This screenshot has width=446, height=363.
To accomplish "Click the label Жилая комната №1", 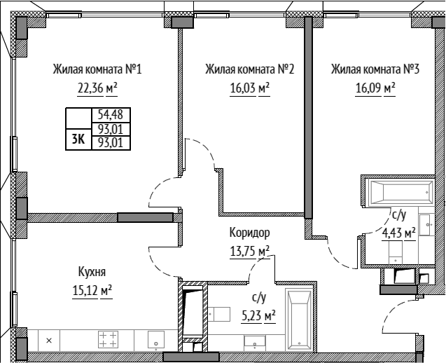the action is tap(97, 69).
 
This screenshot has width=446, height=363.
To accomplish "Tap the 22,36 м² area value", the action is tap(97, 88).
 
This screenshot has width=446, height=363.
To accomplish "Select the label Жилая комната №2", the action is tap(250, 69).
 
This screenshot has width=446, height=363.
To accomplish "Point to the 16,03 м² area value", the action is tap(250, 88).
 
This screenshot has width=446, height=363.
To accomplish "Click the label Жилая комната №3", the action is tap(375, 69).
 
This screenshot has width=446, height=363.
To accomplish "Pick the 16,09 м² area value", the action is tap(375, 88).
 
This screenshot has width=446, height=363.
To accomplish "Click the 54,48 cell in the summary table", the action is tap(111, 115).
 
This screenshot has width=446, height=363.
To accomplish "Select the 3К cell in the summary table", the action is tap(78, 139).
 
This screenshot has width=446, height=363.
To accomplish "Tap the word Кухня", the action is tap(92, 272).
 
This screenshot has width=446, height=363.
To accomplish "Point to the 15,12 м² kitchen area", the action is tap(92, 291).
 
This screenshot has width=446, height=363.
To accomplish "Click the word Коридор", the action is tap(250, 233).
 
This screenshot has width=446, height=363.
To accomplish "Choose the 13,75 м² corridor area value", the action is tap(250, 252).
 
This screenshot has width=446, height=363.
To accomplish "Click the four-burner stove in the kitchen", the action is tap(108, 339).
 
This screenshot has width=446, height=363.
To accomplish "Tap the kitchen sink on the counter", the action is tap(156, 340).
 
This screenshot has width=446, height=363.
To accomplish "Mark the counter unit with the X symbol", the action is tap(49, 340).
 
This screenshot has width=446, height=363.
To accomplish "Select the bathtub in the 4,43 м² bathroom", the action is tap(400, 192).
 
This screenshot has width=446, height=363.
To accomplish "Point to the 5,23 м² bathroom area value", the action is tap(258, 315).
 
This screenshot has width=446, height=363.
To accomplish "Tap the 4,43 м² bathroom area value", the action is tap(398, 233).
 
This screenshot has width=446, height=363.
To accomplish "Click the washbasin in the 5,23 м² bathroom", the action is tap(255, 342).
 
